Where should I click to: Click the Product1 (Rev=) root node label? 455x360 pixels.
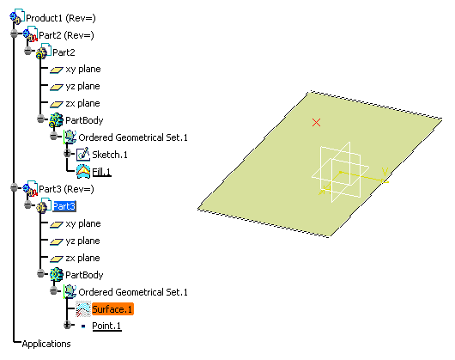[x=61, y=18]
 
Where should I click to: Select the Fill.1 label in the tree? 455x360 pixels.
[x=101, y=172]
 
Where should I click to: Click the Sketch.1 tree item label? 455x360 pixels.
[x=110, y=155]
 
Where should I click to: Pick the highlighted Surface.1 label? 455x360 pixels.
[x=112, y=309]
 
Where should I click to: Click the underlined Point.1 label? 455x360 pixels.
[x=106, y=326]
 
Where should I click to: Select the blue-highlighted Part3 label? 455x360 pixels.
[x=64, y=206]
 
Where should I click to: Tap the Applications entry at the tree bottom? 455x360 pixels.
[x=46, y=344]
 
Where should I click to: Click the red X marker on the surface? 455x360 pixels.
[x=316, y=122]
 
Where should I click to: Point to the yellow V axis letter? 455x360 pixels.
[x=385, y=172]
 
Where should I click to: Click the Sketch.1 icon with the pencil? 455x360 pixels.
[x=83, y=154]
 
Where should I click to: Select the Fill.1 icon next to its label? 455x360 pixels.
[x=83, y=171]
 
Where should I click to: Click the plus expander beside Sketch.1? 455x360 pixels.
[x=67, y=153]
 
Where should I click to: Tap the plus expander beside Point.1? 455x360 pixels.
[x=67, y=325]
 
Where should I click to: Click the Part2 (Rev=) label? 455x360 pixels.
[x=66, y=35]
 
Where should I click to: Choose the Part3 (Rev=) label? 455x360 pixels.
[x=66, y=189]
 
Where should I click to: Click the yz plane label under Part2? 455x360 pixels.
[x=82, y=86]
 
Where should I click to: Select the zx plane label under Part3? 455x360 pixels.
[x=82, y=258]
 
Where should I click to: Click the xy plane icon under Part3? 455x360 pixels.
[x=57, y=224]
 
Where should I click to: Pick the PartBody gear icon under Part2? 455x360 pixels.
[x=56, y=120]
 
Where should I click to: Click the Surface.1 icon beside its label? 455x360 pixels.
[x=83, y=309]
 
